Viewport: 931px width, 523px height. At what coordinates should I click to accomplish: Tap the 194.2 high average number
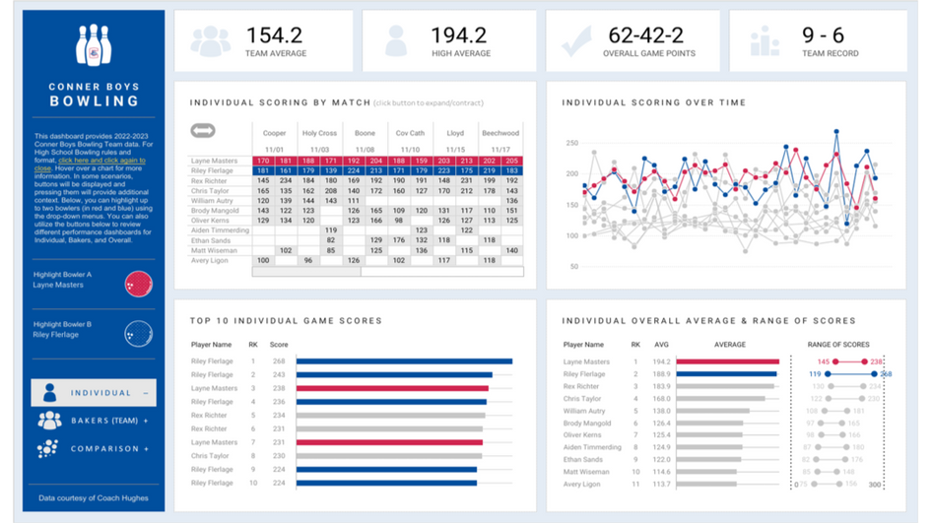point(458,35)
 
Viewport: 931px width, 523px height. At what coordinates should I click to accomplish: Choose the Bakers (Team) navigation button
point(108,421)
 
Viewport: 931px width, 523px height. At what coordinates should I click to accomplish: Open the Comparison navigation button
point(108,449)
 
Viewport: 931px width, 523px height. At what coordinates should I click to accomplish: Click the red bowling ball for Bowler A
point(138,286)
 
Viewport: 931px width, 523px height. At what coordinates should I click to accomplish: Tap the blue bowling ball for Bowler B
point(138,335)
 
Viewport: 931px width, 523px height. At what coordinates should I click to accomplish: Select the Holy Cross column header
point(319,133)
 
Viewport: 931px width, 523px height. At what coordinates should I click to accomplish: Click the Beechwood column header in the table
point(499,133)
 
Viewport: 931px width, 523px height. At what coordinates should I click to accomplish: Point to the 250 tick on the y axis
point(571,144)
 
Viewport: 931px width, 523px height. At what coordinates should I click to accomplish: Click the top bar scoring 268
point(404,361)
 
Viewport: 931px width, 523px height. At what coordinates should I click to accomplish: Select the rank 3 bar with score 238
point(391,388)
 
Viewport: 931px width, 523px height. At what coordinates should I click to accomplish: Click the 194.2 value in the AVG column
point(662,361)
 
